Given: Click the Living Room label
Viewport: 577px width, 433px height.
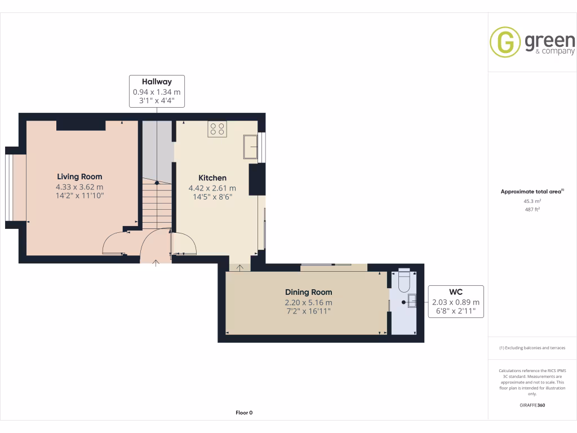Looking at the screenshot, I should tap(79, 176).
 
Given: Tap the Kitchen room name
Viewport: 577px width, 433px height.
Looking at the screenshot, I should tap(212, 178).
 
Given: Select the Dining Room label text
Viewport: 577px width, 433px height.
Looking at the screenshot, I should tap(308, 292).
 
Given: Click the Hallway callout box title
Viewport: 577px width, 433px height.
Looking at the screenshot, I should tap(157, 82).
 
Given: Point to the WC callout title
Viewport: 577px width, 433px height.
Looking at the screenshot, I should tap(456, 292).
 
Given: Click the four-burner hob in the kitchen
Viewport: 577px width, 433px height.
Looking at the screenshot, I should tap(217, 129).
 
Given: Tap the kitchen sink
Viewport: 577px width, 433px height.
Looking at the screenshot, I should tap(251, 147).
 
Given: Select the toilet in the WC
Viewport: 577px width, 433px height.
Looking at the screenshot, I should tap(403, 280).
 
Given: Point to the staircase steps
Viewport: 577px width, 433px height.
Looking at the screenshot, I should tap(156, 206).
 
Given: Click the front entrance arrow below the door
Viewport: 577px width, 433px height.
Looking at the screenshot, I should tap(156, 262).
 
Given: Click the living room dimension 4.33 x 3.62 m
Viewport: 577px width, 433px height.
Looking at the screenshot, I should tap(79, 187).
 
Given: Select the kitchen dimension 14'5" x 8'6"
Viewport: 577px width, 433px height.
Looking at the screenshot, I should tap(212, 197).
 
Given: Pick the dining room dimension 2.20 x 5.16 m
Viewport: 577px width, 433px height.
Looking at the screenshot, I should tap(308, 302).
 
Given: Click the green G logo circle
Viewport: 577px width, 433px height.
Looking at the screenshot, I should tap(505, 42).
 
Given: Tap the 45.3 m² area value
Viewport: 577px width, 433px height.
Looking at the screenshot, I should tap(532, 201).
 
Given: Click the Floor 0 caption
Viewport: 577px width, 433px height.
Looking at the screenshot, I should tap(244, 413).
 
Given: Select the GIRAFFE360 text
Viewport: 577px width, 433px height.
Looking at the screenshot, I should tap(532, 405).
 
